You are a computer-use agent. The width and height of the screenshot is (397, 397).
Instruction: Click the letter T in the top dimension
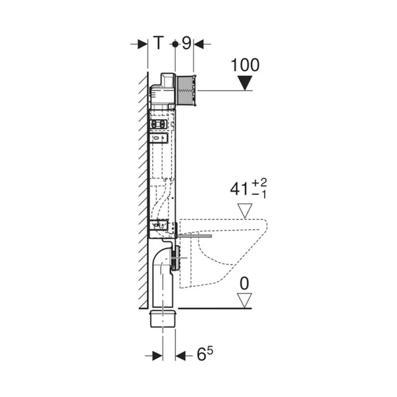(x=158, y=44)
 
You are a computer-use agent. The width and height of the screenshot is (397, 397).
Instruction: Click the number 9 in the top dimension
(x=186, y=44)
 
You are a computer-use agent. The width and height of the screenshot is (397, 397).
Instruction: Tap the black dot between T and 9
(x=174, y=44)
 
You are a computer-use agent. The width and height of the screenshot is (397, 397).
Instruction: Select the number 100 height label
(x=246, y=65)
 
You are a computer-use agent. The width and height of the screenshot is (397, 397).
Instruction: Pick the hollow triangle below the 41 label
(x=246, y=211)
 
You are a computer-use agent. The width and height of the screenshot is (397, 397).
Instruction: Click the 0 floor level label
(x=246, y=284)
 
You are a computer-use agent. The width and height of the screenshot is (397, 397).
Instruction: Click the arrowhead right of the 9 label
(x=199, y=44)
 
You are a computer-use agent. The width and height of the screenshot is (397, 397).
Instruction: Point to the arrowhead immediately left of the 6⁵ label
(x=181, y=356)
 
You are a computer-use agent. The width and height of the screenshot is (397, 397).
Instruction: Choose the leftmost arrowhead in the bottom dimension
(x=157, y=356)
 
